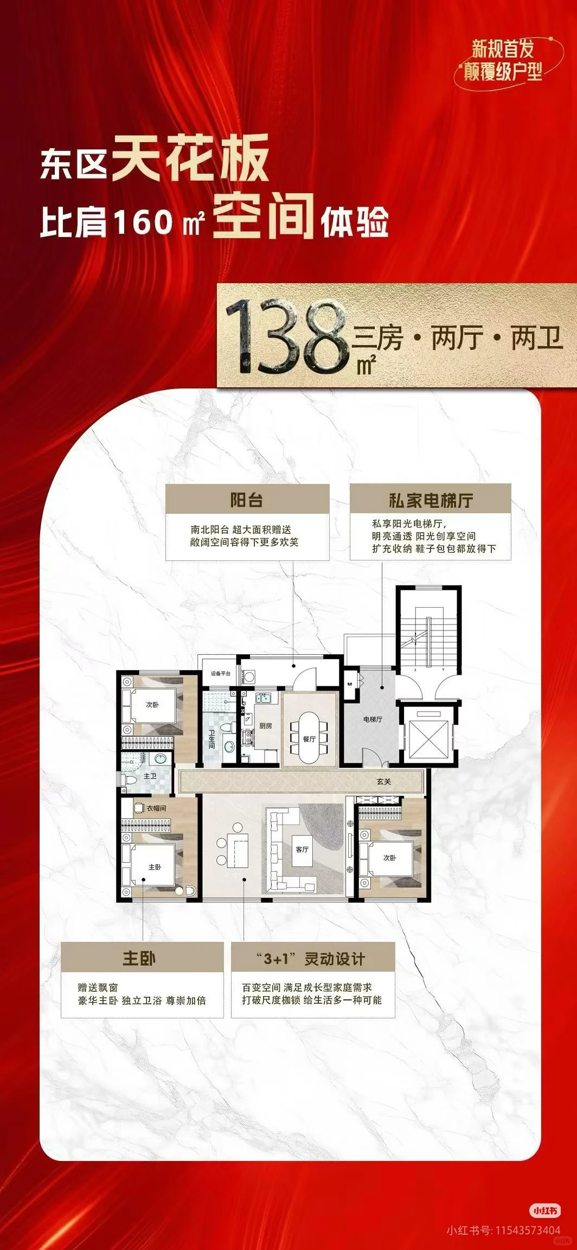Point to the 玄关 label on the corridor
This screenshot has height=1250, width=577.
pyautogui.click(x=384, y=782)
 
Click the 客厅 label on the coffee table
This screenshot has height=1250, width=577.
pyautogui.click(x=302, y=849)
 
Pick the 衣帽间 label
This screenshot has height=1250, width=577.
pyautogui.click(x=156, y=808)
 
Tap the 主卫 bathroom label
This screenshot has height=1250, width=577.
pyautogui.click(x=150, y=776)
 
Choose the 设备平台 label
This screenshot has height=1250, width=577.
pyautogui.click(x=221, y=674)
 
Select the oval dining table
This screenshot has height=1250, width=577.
pyautogui.click(x=309, y=727)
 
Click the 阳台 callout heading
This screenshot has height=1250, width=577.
pyautogui.click(x=247, y=500)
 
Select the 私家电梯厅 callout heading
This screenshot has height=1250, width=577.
pyautogui.click(x=430, y=500)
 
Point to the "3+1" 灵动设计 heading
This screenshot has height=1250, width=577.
pyautogui.click(x=313, y=959)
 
